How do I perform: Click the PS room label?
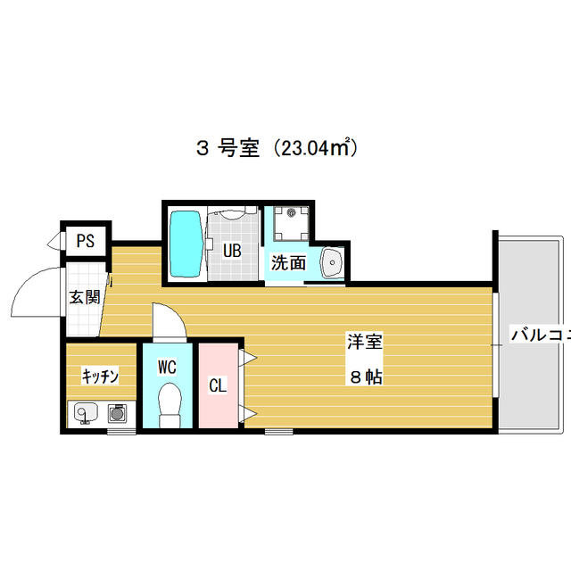coord(86,241)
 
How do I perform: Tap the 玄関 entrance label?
coord(85,297)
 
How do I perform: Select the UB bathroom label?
coord(232,251)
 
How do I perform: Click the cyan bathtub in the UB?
coord(186,244)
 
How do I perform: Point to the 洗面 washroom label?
coord(288,262)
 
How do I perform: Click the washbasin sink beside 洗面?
coord(332,262)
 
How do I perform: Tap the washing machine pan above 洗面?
coord(292,224)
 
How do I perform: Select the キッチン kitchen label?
coord(100,376)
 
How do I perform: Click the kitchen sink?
coord(86,412)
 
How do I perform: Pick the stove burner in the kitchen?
coord(117,414)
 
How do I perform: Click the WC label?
coord(167,368)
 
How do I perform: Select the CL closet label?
coord(218,385)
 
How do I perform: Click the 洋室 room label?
coord(365,342)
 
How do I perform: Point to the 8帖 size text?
coord(366,377)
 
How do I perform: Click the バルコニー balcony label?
coord(542,335)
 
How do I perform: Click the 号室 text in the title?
coord(238,149)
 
